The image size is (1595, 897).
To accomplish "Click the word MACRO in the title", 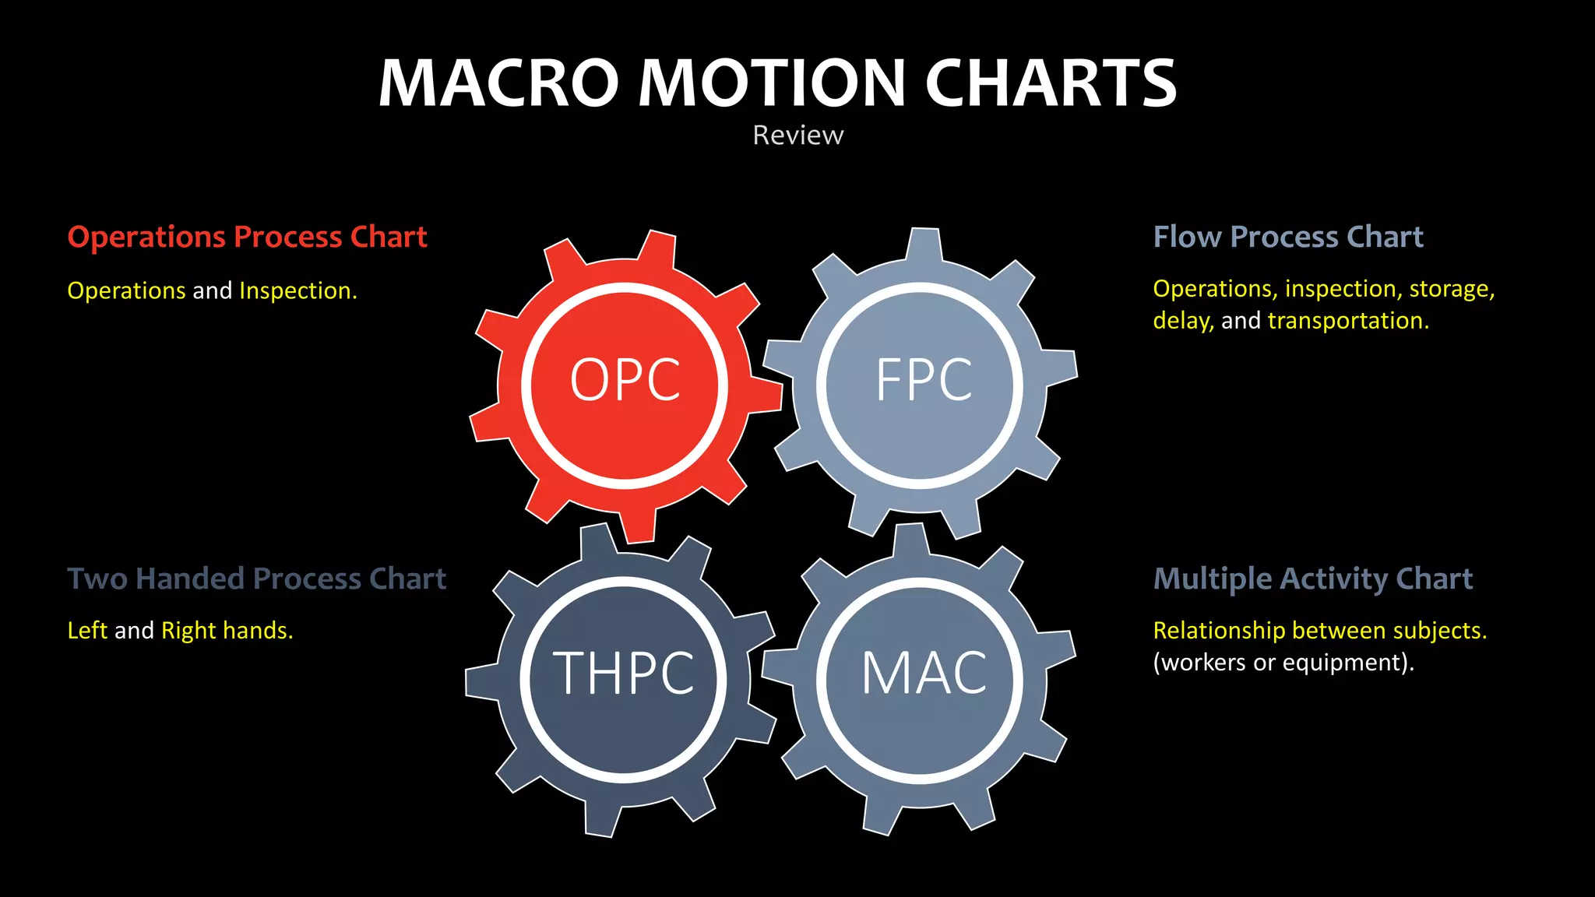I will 498,83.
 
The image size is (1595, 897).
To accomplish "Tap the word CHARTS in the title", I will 1051,83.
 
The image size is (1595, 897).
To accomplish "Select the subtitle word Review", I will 797,135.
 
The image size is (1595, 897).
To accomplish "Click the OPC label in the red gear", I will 625,381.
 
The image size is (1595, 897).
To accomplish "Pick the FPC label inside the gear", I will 924,381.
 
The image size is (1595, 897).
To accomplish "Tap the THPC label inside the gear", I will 623,674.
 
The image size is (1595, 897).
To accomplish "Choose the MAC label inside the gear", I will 924,674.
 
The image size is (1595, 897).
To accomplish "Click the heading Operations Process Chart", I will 247,237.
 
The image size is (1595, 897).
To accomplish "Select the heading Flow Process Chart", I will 1287,237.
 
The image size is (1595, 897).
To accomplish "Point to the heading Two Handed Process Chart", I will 256,579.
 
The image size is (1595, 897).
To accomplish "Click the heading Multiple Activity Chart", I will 1312,579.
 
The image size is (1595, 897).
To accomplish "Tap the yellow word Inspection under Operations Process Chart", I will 298,291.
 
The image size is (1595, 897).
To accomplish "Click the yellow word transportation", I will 1348,321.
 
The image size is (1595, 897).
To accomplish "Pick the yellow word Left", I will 87,630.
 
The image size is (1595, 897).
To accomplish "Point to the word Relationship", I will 1218,630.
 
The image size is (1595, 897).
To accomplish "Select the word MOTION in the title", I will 772,83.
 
